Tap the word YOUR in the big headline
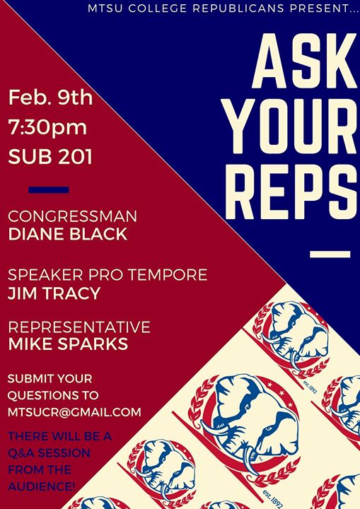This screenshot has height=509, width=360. [292, 126]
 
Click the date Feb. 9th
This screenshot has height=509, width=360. [50, 97]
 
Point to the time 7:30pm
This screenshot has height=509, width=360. [48, 127]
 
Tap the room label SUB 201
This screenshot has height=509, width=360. [50, 156]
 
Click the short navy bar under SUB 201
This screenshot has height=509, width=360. [48, 190]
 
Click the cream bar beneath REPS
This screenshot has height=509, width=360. [330, 255]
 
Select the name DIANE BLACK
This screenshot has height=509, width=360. [68, 234]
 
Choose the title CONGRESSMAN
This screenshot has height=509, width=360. [72, 216]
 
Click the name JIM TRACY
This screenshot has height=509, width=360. [54, 293]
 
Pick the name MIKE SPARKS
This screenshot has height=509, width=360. [68, 344]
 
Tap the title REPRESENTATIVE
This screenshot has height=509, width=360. [79, 327]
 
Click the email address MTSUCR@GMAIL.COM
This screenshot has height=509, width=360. [74, 412]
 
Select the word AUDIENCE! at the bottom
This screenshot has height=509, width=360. [42, 486]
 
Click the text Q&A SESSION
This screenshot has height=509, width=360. [49, 453]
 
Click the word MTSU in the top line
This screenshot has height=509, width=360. [105, 8]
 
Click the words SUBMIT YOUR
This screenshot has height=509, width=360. [50, 378]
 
